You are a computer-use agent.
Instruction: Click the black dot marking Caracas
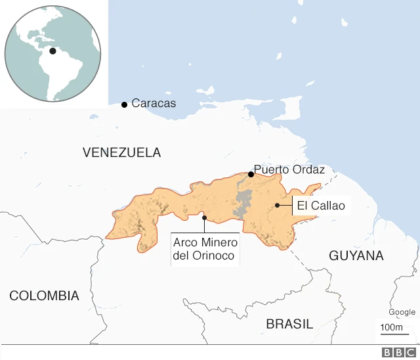click(124, 104)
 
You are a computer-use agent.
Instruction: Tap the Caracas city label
click(154, 103)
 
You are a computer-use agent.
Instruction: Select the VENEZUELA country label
click(121, 152)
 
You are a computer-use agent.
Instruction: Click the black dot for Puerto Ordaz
click(251, 174)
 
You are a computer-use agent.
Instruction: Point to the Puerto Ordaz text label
click(289, 169)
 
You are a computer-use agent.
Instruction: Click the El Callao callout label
click(320, 206)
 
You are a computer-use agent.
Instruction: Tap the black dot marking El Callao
click(278, 206)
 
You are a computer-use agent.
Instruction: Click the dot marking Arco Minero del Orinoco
click(204, 217)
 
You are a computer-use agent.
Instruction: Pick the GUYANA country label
click(356, 256)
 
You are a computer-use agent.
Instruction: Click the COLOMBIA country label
click(44, 296)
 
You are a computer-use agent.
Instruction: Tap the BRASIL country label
click(289, 324)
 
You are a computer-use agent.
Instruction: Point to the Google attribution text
click(402, 312)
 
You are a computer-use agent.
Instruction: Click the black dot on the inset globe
click(52, 51)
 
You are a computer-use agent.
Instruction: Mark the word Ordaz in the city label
click(308, 169)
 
